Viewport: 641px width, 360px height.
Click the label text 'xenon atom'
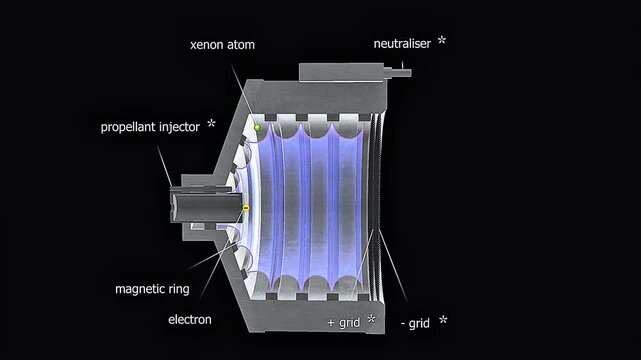pyautogui.click(x=221, y=46)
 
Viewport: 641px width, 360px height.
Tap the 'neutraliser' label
pyautogui.click(x=400, y=43)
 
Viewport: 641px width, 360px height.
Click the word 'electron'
pyautogui.click(x=189, y=321)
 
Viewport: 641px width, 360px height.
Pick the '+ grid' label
pyautogui.click(x=344, y=322)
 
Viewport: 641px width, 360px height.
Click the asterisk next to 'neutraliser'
pyautogui.click(x=442, y=42)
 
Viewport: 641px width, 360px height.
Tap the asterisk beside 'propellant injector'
pyautogui.click(x=211, y=125)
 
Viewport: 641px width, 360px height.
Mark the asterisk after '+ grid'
pyautogui.click(x=371, y=320)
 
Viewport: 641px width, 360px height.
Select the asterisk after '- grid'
pyautogui.click(x=443, y=320)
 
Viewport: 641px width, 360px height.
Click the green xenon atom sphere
pyautogui.click(x=257, y=128)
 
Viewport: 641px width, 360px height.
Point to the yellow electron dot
pyautogui.click(x=245, y=208)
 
